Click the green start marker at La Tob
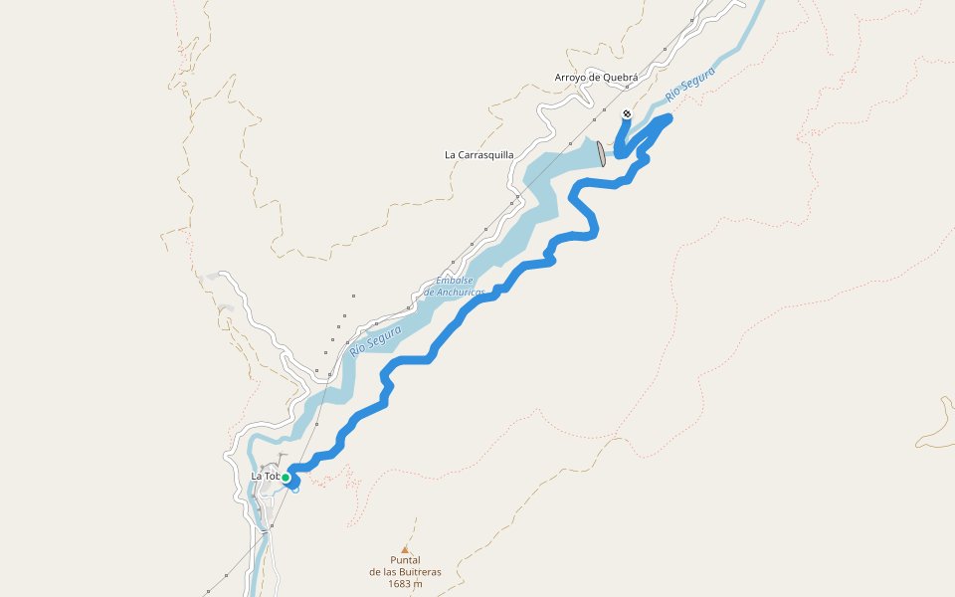pos(286,478)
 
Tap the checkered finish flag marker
pos(627,114)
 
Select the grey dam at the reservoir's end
pos(601,153)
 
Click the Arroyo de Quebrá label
pos(596,77)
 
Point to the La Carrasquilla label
pos(479,154)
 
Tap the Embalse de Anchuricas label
pos(454,287)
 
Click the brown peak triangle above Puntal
pos(405,548)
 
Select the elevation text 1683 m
pos(405,584)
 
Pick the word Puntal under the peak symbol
pos(405,560)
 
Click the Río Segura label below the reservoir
pos(376,339)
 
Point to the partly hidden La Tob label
pos(265,476)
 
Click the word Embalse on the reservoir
pos(454,281)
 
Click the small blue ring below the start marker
pos(295,490)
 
